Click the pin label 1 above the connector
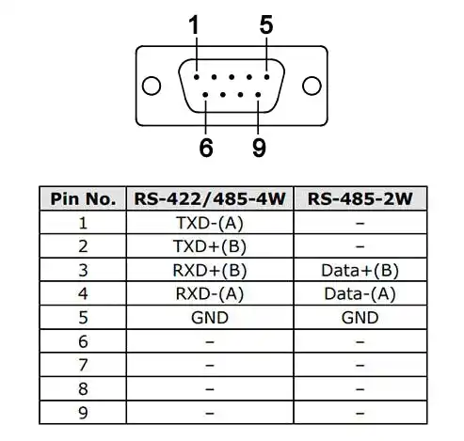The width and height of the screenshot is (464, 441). pos(194,25)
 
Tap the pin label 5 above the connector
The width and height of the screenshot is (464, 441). pos(266,25)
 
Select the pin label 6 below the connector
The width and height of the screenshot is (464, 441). pos(206,148)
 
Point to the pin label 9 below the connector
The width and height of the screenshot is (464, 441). pos(259,148)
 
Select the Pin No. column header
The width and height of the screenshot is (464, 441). pos(83,199)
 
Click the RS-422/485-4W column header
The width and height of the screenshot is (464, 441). pos(210,199)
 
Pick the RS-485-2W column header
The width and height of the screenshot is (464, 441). pos(360,199)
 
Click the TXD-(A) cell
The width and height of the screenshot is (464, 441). pos(210,223)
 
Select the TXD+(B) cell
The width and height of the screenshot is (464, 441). pos(210,246)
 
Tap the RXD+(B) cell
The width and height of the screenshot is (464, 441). pos(210,271)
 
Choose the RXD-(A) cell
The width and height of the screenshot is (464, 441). pos(210,294)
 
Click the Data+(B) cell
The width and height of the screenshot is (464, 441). pos(360,271)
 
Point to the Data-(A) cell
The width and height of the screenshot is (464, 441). pos(360,294)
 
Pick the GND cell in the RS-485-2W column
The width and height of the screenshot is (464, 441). pos(360,318)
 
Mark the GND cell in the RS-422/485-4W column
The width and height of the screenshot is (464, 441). pos(210,318)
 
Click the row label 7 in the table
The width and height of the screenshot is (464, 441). pos(83,365)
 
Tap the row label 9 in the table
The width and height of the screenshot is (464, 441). pos(83,413)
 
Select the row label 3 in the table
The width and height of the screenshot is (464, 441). pos(83,271)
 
